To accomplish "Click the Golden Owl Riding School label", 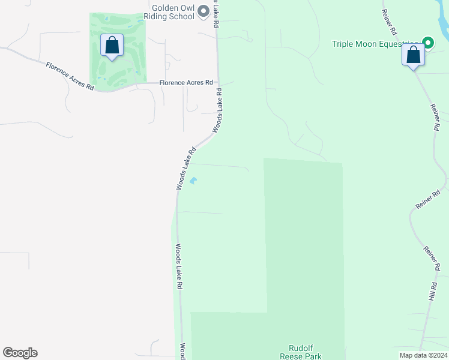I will pyautogui.click(x=173, y=12).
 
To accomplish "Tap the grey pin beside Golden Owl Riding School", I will pyautogui.click(x=203, y=10).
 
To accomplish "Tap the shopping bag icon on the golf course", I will pyautogui.click(x=112, y=46).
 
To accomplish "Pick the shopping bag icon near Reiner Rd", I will pyautogui.click(x=413, y=55).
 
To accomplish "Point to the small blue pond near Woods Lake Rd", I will pyautogui.click(x=193, y=180).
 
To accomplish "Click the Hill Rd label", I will pyautogui.click(x=432, y=292).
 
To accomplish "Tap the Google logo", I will pyautogui.click(x=20, y=353).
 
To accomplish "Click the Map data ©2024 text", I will pyautogui.click(x=423, y=355).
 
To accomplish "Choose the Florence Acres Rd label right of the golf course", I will pyautogui.click(x=186, y=83).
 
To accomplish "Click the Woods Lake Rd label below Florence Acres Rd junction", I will pyautogui.click(x=217, y=111).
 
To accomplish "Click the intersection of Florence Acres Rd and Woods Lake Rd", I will pyautogui.click(x=218, y=83).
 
